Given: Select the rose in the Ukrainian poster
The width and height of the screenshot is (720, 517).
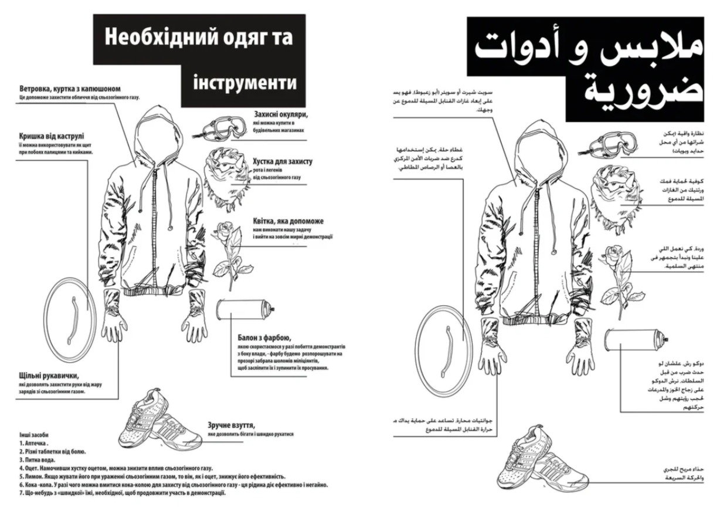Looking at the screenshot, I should pos(225,246).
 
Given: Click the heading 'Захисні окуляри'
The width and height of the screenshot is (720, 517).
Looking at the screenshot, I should pos(281,114).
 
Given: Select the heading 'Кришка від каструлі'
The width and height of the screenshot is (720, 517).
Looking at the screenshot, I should pos(52,136).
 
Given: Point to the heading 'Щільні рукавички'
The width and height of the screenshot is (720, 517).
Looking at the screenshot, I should pos(49,376).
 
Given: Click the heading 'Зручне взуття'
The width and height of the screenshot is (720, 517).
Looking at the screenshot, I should pos(232,425).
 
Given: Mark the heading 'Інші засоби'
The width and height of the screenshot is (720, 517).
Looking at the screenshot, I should pos(33,435).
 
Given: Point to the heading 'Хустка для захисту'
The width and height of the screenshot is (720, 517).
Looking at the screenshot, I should pos(283,161).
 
